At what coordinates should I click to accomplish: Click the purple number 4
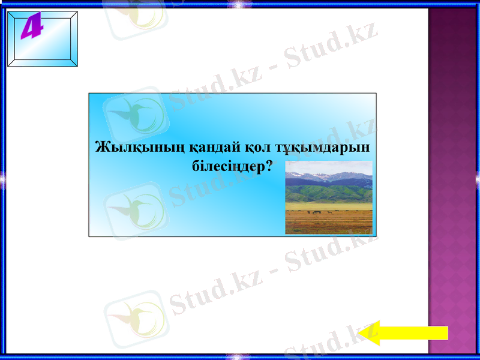coord(32,28)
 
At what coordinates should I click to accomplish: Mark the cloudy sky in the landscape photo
coord(329,166)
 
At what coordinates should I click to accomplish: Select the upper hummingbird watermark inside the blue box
coord(135,114)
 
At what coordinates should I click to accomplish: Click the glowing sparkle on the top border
coord(240,4)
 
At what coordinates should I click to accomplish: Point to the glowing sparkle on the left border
coord(3,178)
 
